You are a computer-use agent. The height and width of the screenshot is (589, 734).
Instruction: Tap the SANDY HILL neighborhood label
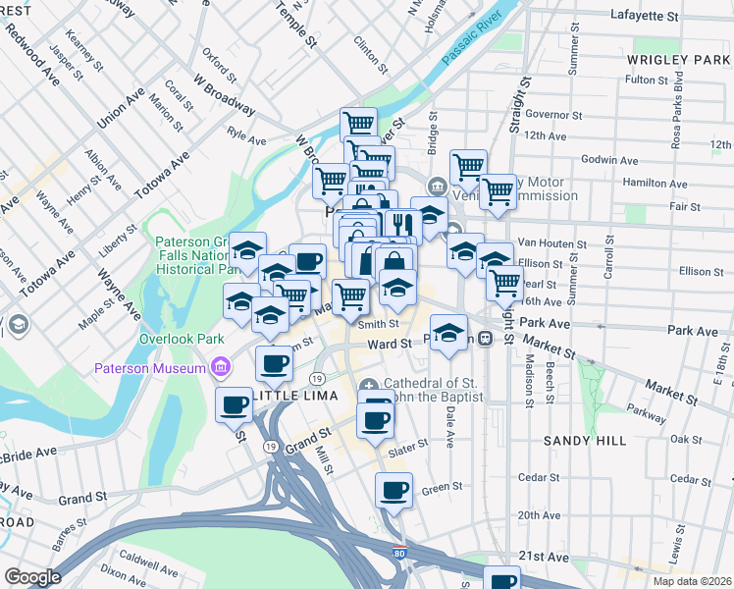(x=585, y=442)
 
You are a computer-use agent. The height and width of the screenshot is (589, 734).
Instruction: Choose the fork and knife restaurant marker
(x=403, y=226)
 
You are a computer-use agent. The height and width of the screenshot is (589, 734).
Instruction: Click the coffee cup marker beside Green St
(x=394, y=489)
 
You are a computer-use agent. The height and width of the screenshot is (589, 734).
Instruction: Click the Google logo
(x=32, y=577)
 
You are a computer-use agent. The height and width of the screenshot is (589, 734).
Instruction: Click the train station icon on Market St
(x=485, y=339)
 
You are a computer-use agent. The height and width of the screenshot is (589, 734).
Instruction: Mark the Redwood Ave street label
(x=32, y=51)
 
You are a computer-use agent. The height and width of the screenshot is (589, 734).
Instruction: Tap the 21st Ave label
(x=544, y=557)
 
